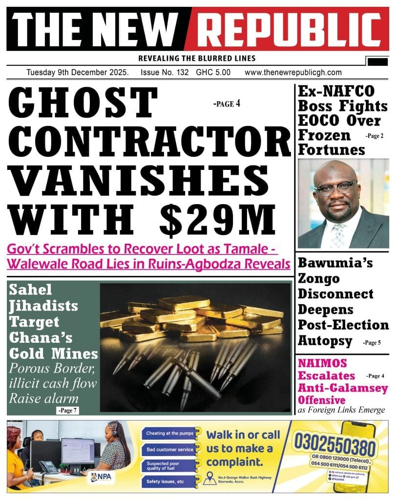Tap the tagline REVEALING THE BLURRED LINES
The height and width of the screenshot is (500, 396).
point(197,59)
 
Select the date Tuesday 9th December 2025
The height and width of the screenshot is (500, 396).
point(78,72)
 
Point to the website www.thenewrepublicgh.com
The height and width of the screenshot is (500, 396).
point(293,72)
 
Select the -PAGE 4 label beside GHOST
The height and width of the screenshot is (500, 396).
point(227,104)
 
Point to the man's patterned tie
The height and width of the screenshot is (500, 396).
point(338,234)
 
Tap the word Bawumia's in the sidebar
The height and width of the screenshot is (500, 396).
point(335,264)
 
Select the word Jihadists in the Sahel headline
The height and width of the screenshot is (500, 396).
point(44,307)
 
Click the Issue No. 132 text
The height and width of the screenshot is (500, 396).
point(166,72)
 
